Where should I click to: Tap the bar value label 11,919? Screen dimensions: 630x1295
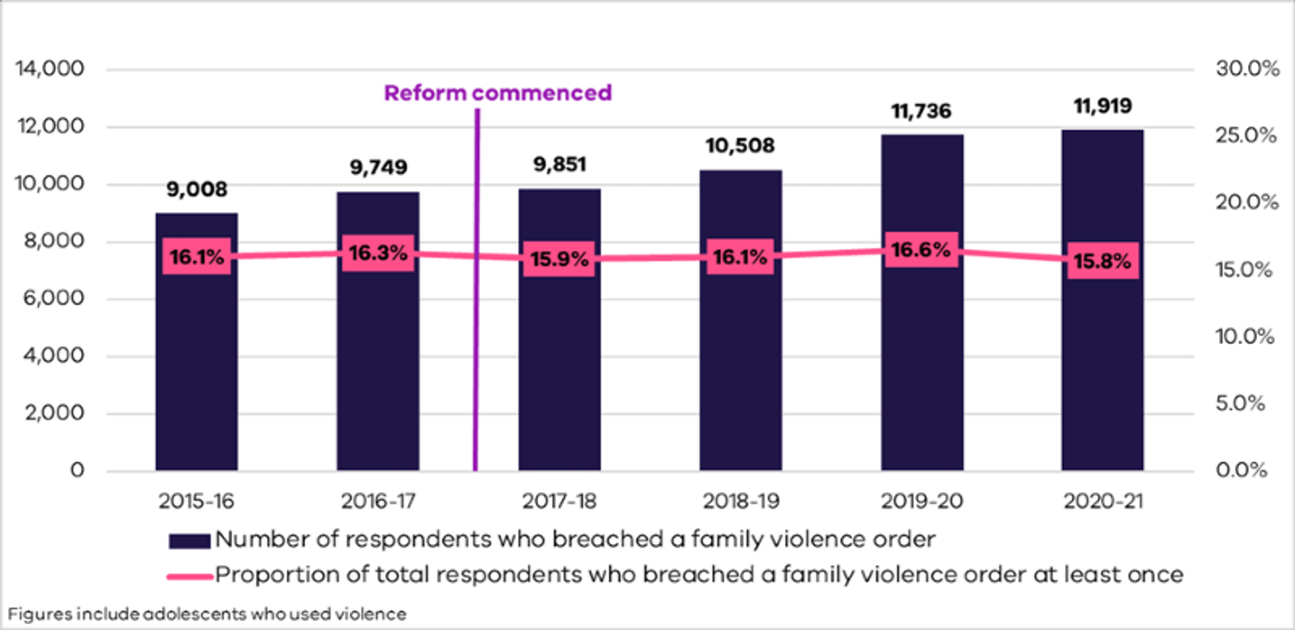coord(1103,107)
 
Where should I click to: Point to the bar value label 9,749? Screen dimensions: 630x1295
coord(378,168)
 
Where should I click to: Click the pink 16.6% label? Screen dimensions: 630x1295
coord(922,250)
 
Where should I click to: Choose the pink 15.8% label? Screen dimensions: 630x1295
coord(1103,261)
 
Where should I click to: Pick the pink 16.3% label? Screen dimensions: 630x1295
coord(378,253)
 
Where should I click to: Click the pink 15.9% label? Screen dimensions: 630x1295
coord(559,259)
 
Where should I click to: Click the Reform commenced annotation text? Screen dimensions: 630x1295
coord(497,93)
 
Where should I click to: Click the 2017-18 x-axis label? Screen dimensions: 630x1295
coord(559,501)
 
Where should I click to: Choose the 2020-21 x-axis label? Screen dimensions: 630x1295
coord(1103,501)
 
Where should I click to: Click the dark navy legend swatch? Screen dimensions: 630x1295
coord(190,539)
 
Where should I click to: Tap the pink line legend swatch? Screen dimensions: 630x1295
coord(190,575)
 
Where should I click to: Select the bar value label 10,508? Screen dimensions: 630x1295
coord(740,146)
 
